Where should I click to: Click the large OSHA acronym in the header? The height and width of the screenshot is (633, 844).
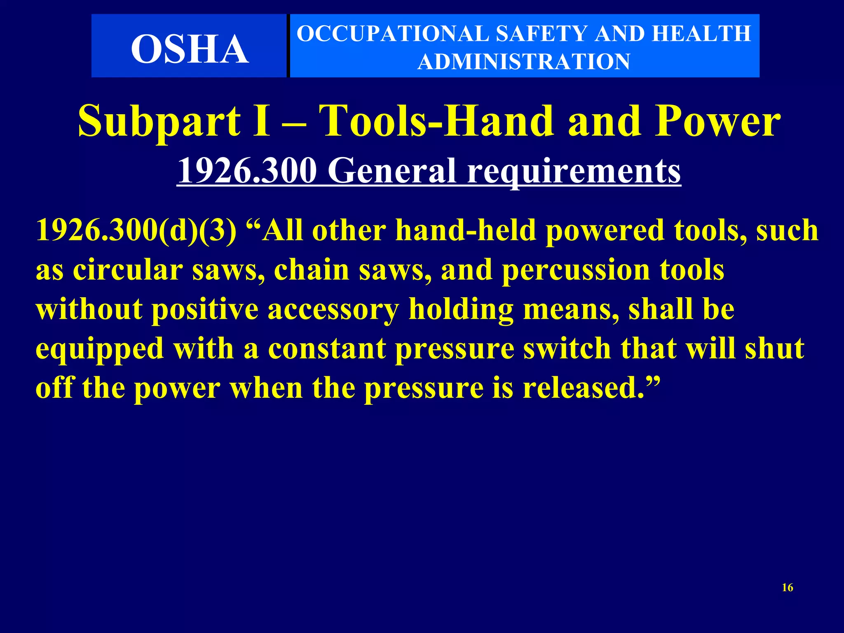click(x=190, y=49)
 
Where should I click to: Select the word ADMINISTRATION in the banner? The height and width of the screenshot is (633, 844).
click(x=524, y=62)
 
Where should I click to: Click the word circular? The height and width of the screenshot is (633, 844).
click(x=128, y=270)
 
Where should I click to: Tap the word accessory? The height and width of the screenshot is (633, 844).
click(x=333, y=309)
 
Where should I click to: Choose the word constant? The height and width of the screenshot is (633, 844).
click(x=327, y=348)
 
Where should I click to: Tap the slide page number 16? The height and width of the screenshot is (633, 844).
click(x=788, y=588)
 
